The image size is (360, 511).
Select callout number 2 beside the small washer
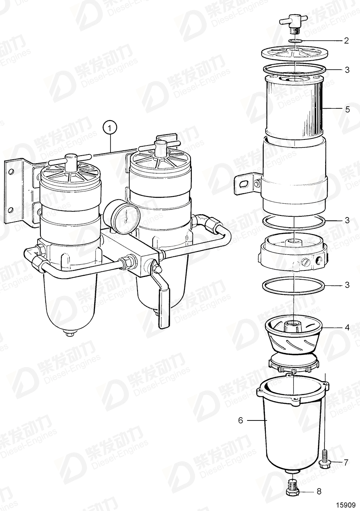[346, 40]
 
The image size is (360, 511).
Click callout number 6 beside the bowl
[240, 420]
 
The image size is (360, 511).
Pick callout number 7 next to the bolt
[346, 462]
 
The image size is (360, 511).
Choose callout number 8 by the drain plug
[319, 492]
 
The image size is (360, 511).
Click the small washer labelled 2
[296, 41]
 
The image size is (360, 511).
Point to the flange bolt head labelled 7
[325, 462]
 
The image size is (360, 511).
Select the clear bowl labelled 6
[290, 429]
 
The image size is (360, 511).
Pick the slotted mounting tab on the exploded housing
[245, 182]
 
